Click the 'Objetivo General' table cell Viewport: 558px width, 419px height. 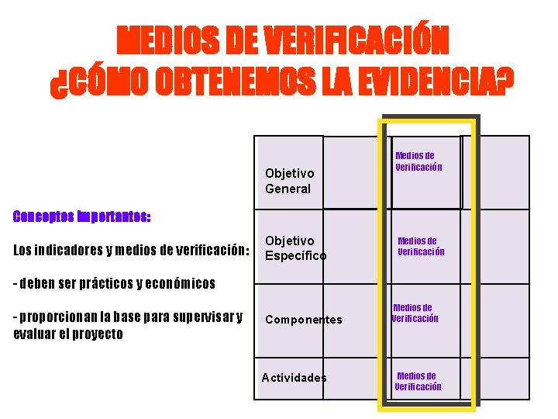(x=288, y=181)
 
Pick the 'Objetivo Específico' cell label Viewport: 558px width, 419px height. (x=295, y=248)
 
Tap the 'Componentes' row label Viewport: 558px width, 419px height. (x=303, y=320)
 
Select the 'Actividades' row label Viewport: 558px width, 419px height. (x=294, y=378)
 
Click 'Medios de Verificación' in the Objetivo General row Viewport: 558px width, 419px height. (x=418, y=161)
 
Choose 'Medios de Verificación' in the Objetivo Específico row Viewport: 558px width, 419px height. (x=421, y=246)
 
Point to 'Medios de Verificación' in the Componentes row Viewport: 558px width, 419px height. (x=415, y=313)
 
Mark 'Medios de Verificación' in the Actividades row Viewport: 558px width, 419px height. (x=418, y=381)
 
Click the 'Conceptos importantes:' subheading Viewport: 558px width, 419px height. (x=82, y=216)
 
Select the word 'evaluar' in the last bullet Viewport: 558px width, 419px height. (x=32, y=334)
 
